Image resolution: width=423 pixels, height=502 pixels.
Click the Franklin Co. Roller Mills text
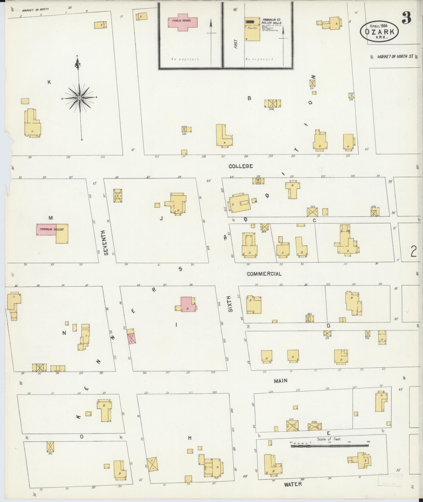(272, 21)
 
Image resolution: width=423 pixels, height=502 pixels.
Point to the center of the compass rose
(79, 98)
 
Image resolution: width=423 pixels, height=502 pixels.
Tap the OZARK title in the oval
(379, 32)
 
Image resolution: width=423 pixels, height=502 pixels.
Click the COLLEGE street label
(240, 166)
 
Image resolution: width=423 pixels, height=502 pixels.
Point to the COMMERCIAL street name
(264, 274)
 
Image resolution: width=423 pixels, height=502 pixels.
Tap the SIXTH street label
(230, 304)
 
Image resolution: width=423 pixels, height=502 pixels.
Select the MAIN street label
(281, 381)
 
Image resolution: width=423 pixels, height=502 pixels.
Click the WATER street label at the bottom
(293, 484)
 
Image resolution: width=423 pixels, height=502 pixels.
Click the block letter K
(49, 82)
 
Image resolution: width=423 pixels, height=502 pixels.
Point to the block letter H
(190, 438)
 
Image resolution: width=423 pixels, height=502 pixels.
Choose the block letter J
(161, 218)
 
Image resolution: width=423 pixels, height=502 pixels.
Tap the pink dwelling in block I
(188, 304)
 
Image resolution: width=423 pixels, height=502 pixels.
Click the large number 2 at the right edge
(414, 252)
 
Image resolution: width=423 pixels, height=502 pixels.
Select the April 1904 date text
(379, 26)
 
